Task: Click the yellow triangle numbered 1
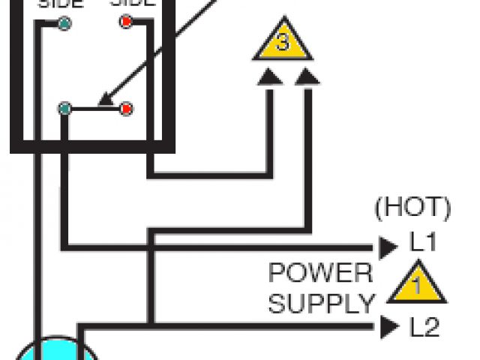[x=417, y=286]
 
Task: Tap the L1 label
[x=424, y=244]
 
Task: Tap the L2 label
[x=424, y=328]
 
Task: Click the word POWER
[x=320, y=272]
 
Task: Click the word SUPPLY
[x=321, y=304]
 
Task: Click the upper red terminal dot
[x=126, y=22]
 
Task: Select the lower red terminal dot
[x=126, y=109]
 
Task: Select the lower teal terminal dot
[x=65, y=109]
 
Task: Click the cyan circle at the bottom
[x=56, y=351]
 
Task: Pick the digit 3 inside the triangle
[x=282, y=43]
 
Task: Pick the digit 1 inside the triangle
[x=417, y=286]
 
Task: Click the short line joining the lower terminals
[x=95, y=109]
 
